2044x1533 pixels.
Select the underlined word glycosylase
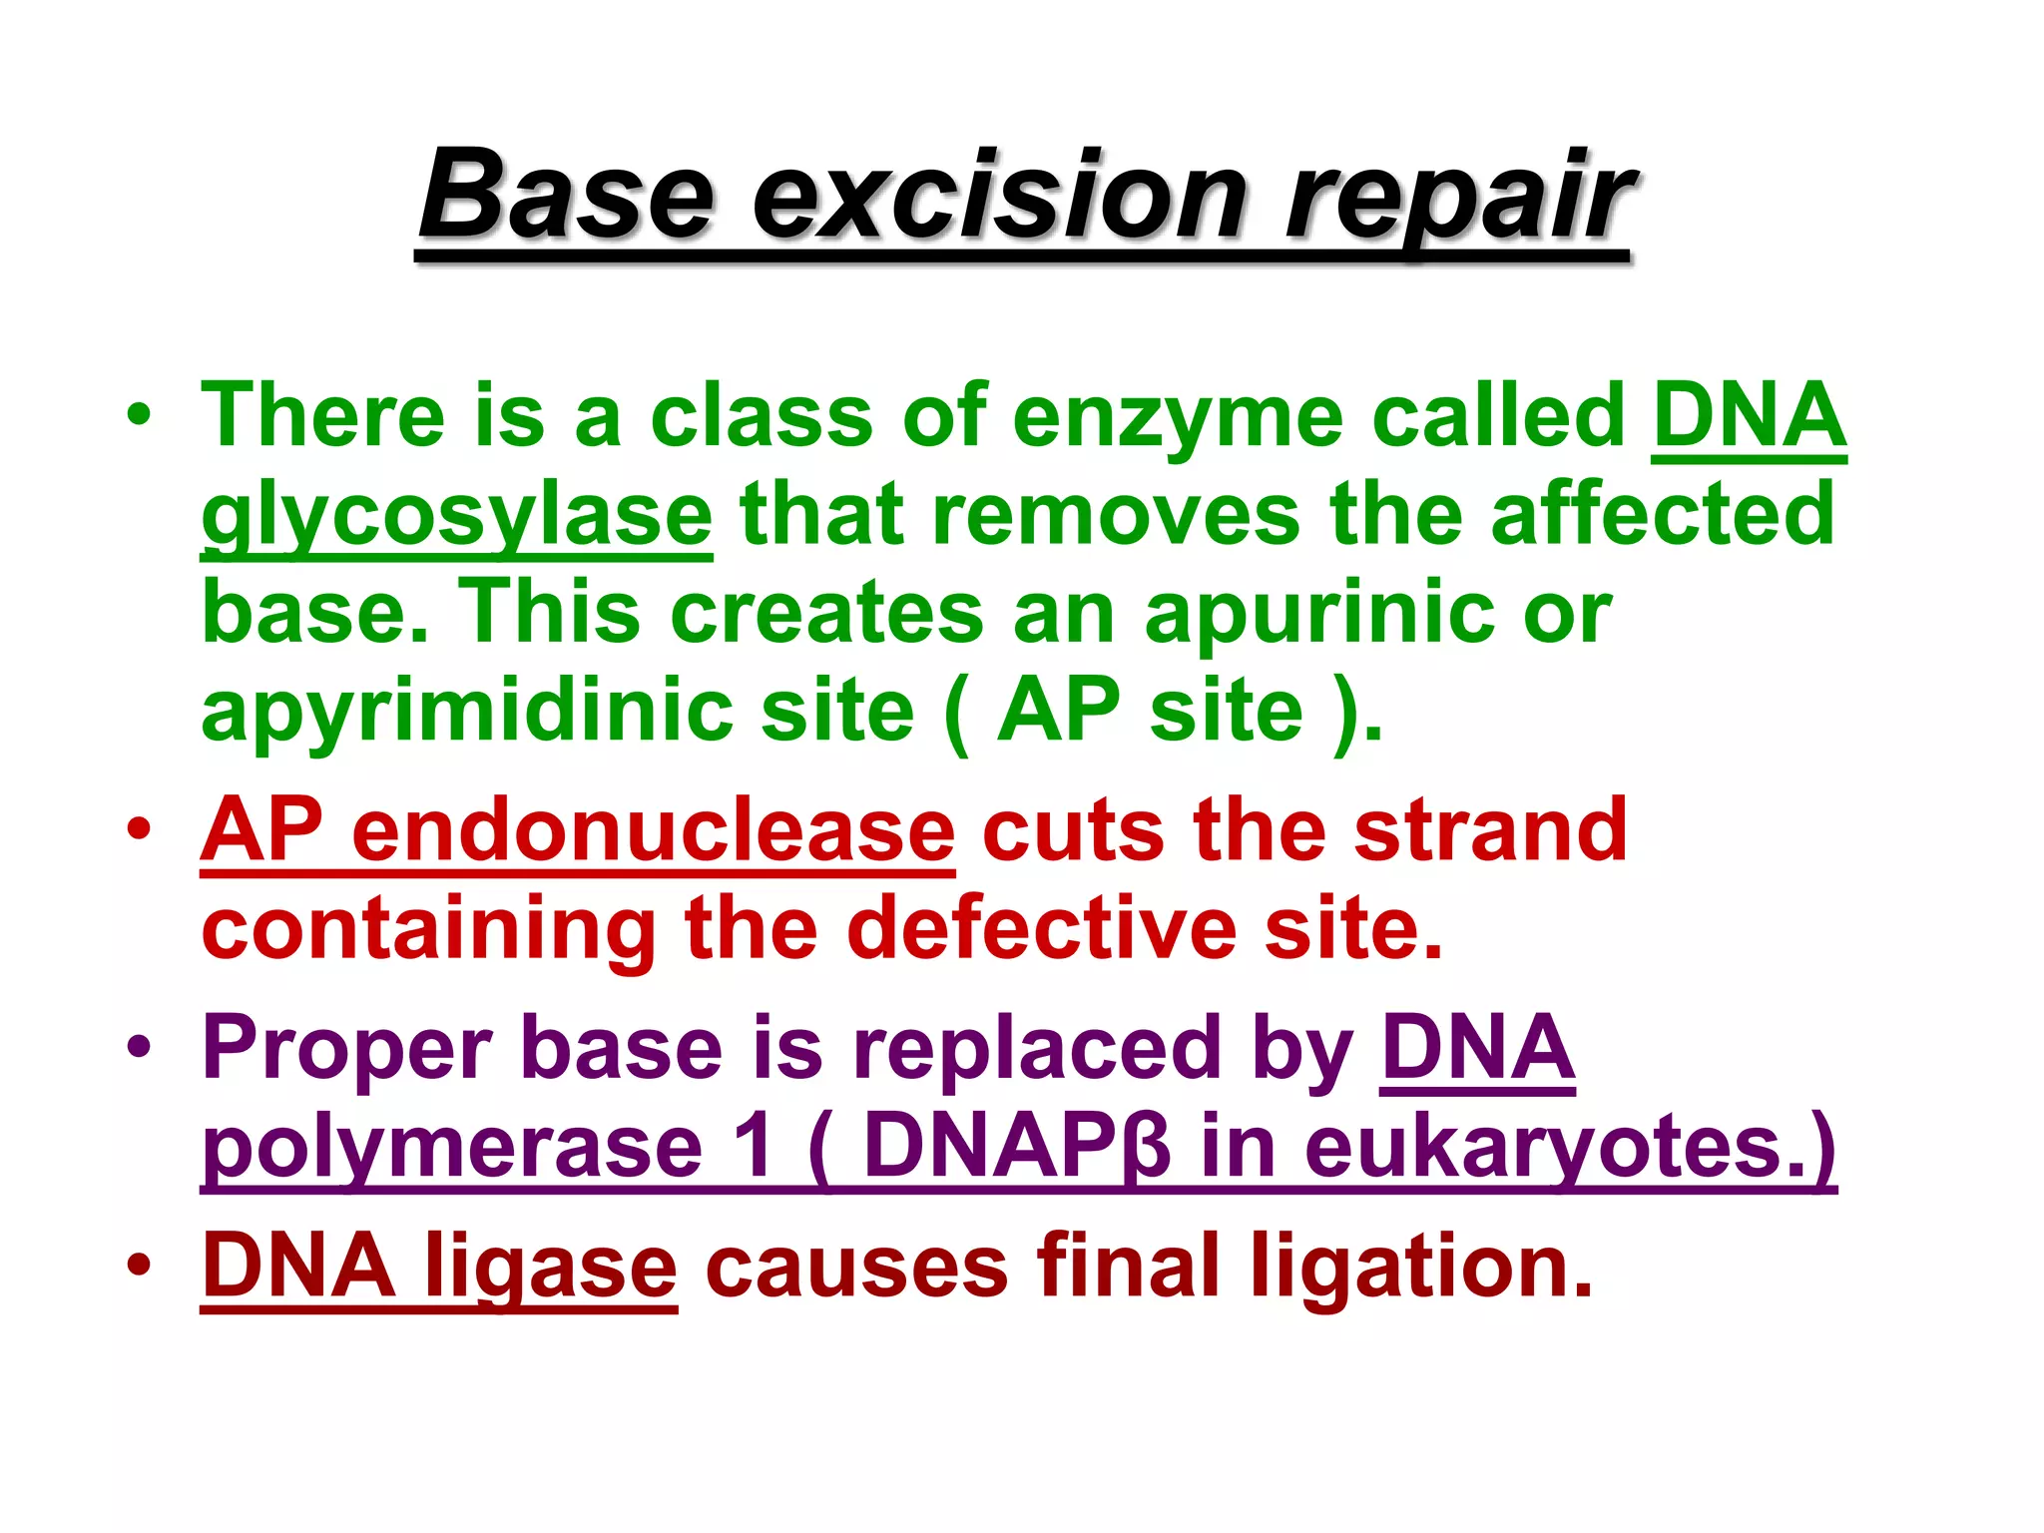[456, 516]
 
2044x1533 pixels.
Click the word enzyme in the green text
[1177, 416]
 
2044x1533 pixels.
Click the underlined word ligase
[551, 1267]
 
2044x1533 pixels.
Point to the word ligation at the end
[1419, 1267]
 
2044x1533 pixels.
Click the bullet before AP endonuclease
[139, 828]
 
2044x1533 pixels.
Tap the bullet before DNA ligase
[139, 1265]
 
